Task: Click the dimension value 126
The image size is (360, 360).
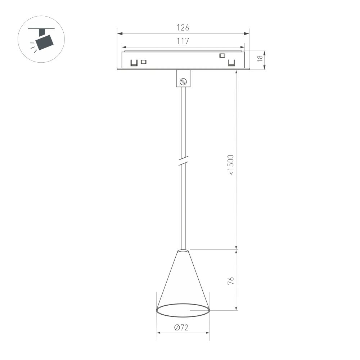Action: click(x=183, y=27)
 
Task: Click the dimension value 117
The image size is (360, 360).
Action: click(x=183, y=41)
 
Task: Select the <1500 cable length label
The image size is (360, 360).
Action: click(x=231, y=165)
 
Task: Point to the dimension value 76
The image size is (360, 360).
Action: click(x=231, y=281)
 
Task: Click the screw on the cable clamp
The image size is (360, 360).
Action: click(x=183, y=81)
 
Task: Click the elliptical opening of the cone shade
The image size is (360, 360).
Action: click(x=183, y=311)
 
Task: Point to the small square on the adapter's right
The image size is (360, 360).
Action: click(x=222, y=55)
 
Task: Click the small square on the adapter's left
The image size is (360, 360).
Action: click(x=143, y=62)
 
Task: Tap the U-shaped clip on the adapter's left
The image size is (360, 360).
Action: click(x=134, y=63)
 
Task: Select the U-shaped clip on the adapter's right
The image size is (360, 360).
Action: click(x=231, y=63)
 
